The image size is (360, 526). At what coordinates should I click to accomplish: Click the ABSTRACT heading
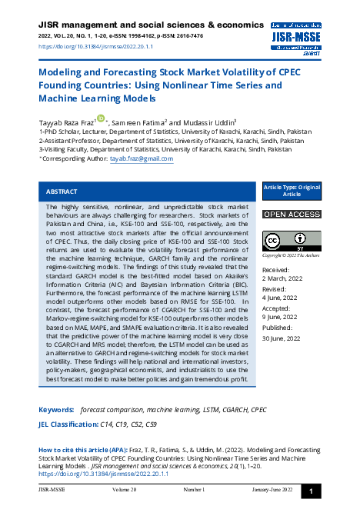[62, 191]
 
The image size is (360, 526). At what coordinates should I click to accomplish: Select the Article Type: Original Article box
[292, 191]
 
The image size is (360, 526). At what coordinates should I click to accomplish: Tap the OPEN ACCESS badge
[292, 214]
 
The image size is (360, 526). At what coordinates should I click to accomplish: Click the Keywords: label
[56, 410]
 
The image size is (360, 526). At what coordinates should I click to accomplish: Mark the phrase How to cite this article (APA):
[85, 448]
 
